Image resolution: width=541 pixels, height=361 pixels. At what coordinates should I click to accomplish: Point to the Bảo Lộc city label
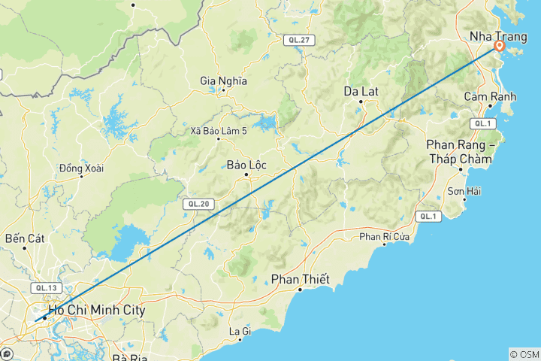[x=246, y=165]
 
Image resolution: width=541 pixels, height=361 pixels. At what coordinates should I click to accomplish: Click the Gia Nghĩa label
[x=224, y=80]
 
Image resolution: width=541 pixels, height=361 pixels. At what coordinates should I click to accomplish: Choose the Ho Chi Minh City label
[x=96, y=310]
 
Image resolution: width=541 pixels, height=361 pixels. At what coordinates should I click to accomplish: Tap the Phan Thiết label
[x=301, y=280]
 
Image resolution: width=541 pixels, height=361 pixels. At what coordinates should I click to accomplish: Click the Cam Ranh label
[x=490, y=96]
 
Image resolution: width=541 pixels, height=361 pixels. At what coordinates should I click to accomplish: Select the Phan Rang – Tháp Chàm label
[x=459, y=151]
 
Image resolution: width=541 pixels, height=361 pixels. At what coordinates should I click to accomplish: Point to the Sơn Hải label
[x=464, y=191]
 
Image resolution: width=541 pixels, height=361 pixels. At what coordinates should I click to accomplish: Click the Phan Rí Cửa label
[x=385, y=237]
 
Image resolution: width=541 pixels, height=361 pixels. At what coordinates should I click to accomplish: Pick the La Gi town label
[x=240, y=331]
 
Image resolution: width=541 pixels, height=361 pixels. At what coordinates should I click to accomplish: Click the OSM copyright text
[x=524, y=354]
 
